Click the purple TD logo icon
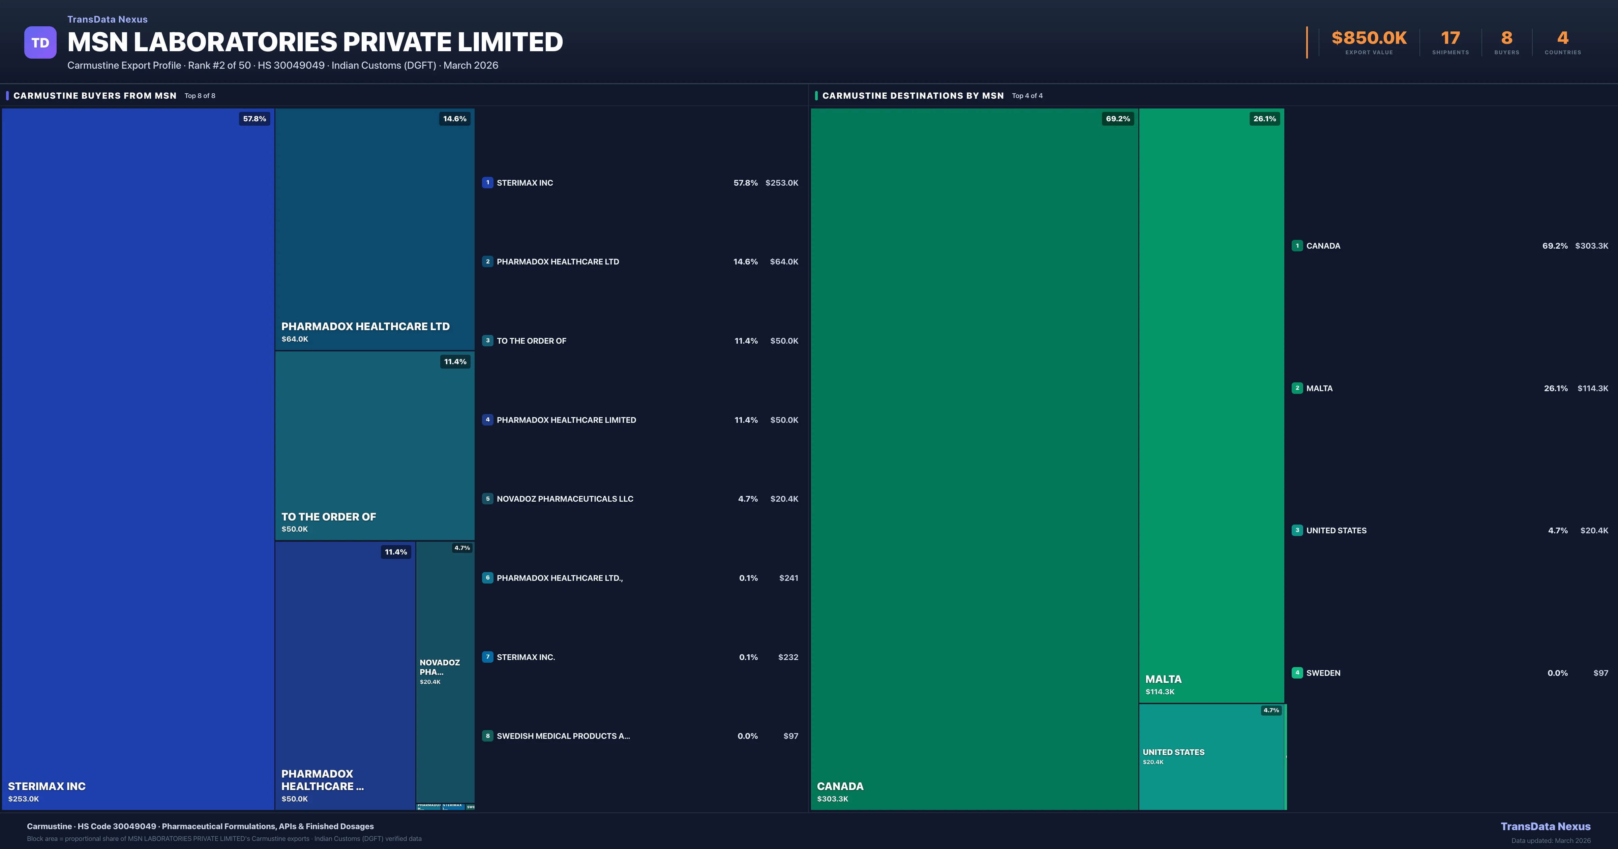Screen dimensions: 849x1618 tap(40, 43)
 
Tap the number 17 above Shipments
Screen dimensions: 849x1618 tap(1450, 38)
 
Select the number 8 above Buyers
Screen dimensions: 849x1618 tap(1506, 38)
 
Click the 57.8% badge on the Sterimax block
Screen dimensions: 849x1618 tap(254, 119)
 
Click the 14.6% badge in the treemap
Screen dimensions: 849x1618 tap(454, 119)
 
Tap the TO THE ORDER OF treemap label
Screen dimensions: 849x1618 tap(329, 517)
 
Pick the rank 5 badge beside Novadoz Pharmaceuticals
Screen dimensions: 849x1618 tap(487, 499)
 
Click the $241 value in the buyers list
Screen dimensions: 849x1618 tap(788, 578)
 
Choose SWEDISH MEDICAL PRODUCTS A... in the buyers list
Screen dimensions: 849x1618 tap(563, 736)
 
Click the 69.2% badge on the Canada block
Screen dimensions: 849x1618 tap(1117, 119)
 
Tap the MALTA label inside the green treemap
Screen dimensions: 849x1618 tap(1163, 680)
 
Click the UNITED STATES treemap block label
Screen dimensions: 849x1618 tap(1173, 752)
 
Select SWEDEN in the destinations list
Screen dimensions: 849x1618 tap(1323, 673)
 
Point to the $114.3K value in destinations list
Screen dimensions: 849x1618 tap(1592, 388)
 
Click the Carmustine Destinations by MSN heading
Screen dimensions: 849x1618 tap(912, 95)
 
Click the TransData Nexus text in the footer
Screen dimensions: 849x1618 tap(1545, 826)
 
